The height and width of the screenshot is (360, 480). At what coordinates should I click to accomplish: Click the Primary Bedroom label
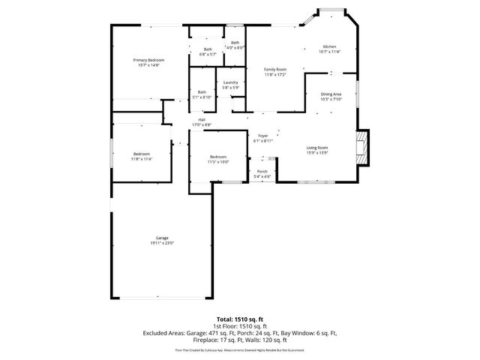pyautogui.click(x=149, y=60)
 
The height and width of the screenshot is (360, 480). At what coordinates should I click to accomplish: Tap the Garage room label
pyautogui.click(x=161, y=238)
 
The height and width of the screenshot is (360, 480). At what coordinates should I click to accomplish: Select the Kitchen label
pyautogui.click(x=329, y=46)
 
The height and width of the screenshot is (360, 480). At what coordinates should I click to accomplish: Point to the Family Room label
pyautogui.click(x=275, y=70)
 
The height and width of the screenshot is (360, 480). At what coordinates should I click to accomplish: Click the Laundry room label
pyautogui.click(x=231, y=82)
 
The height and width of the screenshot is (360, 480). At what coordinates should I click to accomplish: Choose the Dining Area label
pyautogui.click(x=331, y=94)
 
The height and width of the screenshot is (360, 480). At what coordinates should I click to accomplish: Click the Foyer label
pyautogui.click(x=263, y=136)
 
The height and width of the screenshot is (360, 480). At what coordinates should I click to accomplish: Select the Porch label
pyautogui.click(x=262, y=172)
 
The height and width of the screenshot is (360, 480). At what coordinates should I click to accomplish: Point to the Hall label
pyautogui.click(x=202, y=119)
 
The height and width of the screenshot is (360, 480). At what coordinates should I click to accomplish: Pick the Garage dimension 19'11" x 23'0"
pyautogui.click(x=161, y=243)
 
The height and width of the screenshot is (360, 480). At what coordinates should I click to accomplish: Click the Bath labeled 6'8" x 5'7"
pyautogui.click(x=208, y=49)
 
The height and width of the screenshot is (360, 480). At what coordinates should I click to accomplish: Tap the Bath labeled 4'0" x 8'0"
pyautogui.click(x=235, y=43)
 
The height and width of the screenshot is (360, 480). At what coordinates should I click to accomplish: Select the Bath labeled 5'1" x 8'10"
pyautogui.click(x=202, y=92)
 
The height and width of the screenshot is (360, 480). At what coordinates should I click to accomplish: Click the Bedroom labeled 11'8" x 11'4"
pyautogui.click(x=142, y=154)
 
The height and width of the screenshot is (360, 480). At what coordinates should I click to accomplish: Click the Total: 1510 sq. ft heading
pyautogui.click(x=239, y=319)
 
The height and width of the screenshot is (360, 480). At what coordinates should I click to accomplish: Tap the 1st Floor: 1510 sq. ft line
pyautogui.click(x=240, y=325)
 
